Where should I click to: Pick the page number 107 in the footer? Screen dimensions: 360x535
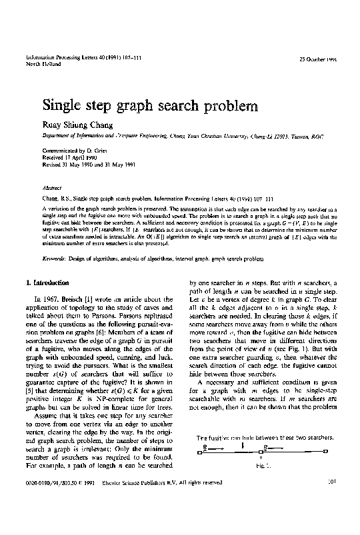(331, 518)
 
